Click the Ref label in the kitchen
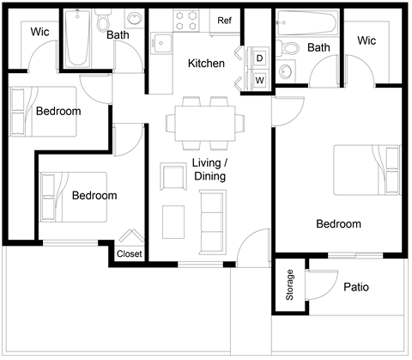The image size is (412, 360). pos(224,21)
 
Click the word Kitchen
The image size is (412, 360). pos(207,64)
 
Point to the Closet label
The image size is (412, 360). pos(129,253)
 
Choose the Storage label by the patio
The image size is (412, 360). pos(289,284)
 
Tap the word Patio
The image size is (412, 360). pos(355,287)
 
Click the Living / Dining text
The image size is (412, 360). pos(209,169)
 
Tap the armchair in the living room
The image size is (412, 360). pos(173,178)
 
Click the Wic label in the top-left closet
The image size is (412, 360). pos(40,32)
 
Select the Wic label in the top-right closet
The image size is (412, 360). pos(367,40)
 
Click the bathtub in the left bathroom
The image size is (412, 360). pos(78,38)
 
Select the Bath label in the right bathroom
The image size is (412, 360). pos(318,47)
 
